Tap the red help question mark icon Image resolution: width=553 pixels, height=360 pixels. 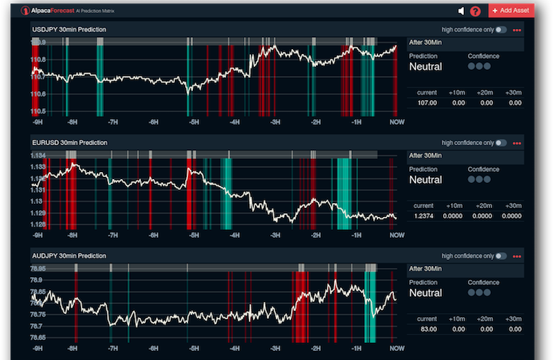point(475,11)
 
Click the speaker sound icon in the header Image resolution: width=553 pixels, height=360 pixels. point(461,11)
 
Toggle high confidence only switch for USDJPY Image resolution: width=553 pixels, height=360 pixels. point(500,30)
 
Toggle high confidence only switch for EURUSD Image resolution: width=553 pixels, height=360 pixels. point(500,143)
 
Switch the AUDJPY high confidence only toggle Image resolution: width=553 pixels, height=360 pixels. point(500,256)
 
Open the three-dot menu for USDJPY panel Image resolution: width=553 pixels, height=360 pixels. point(516,30)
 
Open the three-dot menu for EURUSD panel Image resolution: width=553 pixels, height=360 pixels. point(516,143)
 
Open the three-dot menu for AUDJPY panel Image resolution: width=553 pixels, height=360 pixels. point(516,256)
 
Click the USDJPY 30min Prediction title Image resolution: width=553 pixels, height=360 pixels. point(69,30)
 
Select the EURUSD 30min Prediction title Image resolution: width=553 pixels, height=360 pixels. point(70,142)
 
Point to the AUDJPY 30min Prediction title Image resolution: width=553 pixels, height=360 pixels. point(69,256)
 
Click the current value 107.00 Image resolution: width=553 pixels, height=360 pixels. point(427,103)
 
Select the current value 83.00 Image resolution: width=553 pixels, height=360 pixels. point(428,329)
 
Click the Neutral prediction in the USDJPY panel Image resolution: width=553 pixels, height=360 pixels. point(426,67)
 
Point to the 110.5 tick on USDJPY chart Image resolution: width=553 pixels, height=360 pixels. point(39,111)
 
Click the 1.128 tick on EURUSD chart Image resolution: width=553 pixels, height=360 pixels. point(39,225)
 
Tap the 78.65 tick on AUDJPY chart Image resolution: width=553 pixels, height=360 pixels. point(39,337)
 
